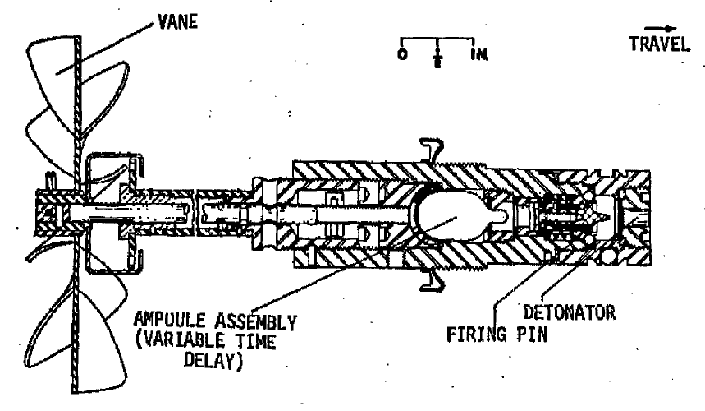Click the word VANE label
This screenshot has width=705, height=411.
pos(177,21)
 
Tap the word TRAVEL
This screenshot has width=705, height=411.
pos(659,44)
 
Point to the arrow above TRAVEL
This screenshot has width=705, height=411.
pos(660,29)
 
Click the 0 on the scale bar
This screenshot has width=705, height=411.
pos(402,54)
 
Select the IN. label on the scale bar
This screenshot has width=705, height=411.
pos(479,54)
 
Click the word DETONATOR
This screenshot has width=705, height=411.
pos(570,312)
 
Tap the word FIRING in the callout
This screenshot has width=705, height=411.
pos(477,335)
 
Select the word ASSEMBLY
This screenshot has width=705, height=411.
pos(255,322)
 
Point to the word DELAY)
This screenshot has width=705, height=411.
pos(213,361)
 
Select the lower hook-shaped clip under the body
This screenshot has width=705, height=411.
pos(432,280)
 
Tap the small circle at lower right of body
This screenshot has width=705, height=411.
pos(607,257)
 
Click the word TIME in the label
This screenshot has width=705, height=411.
pos(255,341)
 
